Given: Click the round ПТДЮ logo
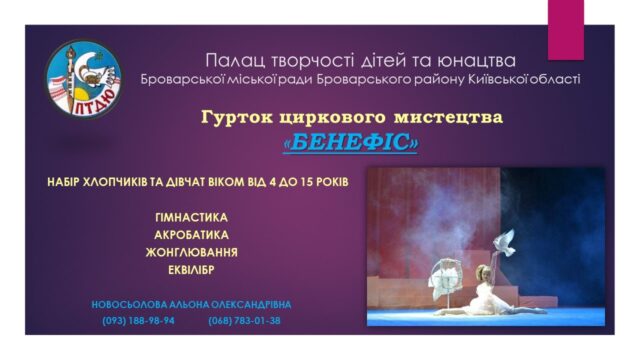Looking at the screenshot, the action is (84, 79).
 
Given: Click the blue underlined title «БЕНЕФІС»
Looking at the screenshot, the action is (351, 142).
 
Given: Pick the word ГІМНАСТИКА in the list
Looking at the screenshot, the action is (191, 217).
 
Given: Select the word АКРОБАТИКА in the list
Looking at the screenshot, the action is (191, 235).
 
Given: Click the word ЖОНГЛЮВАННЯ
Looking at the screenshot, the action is (191, 252).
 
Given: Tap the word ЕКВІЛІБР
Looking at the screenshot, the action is (191, 270).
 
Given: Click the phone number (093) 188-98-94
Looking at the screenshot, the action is (138, 321).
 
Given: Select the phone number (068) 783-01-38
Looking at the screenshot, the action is (244, 321).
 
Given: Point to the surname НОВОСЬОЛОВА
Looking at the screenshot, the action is (129, 305).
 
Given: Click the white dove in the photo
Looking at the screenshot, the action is (504, 243).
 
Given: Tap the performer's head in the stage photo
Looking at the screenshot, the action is (483, 273).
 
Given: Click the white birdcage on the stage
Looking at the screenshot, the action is (445, 278).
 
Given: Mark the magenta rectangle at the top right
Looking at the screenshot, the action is (566, 30).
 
